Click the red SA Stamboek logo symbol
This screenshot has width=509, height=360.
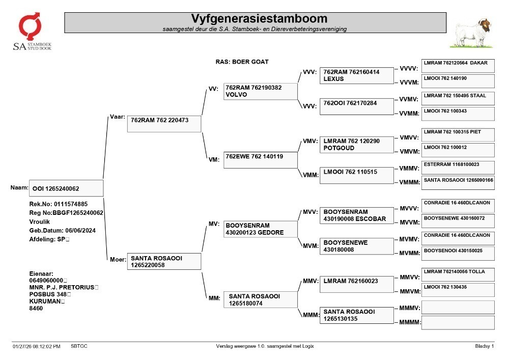point(30,26)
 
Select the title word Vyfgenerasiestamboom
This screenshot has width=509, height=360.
point(259,18)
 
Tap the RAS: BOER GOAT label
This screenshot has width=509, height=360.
point(242,62)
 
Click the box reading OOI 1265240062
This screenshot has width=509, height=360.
point(66,188)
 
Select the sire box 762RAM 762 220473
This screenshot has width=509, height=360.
point(164,124)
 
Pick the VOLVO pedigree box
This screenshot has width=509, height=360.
point(260,91)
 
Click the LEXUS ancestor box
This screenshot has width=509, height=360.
point(356,76)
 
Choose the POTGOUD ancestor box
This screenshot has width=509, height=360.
point(356,145)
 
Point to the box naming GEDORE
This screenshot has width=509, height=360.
point(260,229)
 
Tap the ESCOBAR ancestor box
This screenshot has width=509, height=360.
point(356,215)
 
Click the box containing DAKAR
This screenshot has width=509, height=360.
point(458,66)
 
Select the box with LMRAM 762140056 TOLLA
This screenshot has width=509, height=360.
point(458,274)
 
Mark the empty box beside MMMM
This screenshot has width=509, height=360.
point(458,323)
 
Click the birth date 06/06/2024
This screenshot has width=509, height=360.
point(80,231)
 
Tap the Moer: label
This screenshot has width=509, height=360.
point(118,259)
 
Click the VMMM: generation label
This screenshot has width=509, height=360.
point(410,182)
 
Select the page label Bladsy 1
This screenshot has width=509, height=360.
point(485,346)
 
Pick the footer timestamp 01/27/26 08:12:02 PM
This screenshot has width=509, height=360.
point(36,346)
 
